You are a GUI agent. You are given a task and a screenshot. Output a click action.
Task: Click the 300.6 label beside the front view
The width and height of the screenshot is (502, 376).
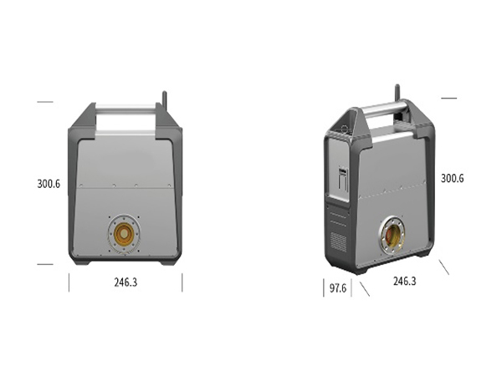[49, 184]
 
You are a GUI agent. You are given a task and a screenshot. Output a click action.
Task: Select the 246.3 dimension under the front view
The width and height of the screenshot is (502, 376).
[125, 282]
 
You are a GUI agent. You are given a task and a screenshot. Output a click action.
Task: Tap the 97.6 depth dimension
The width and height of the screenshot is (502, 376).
[338, 288]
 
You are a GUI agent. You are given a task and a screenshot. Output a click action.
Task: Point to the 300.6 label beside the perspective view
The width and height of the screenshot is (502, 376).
[453, 178]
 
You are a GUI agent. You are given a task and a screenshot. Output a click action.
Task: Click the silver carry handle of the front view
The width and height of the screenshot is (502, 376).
[125, 108]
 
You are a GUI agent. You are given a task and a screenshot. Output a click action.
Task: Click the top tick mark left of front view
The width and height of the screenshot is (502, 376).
[45, 102]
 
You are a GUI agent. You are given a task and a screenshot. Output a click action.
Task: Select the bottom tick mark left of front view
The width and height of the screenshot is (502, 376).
[45, 264]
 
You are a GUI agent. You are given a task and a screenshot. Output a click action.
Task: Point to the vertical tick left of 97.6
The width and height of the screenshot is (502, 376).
[324, 288]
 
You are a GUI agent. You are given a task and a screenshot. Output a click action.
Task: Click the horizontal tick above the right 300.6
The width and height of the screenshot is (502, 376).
[448, 98]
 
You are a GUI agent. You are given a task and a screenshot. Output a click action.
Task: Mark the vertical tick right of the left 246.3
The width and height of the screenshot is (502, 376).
[182, 282]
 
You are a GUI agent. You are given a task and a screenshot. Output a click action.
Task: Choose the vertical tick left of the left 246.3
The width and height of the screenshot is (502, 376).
[69, 282]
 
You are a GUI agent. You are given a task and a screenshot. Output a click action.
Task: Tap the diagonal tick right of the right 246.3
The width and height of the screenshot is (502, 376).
[444, 267]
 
